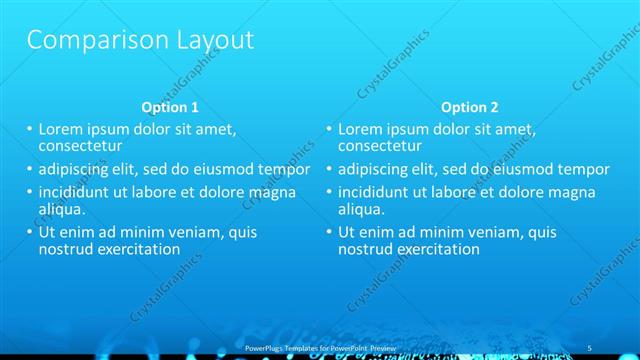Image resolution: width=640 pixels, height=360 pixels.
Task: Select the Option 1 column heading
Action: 170,107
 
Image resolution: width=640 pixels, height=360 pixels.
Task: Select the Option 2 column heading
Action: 469,107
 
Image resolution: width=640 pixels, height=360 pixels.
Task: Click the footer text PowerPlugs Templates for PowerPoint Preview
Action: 321,347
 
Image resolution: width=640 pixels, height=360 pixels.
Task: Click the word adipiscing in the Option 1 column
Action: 77,169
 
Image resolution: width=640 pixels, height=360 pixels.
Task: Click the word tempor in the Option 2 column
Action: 583,169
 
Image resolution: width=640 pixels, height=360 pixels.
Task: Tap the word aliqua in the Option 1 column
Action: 60,209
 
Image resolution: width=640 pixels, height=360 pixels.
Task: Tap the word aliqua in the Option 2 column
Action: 360,209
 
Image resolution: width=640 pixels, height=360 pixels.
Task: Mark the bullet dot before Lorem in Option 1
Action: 29,130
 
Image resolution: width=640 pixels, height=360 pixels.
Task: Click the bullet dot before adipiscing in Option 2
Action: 329,170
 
